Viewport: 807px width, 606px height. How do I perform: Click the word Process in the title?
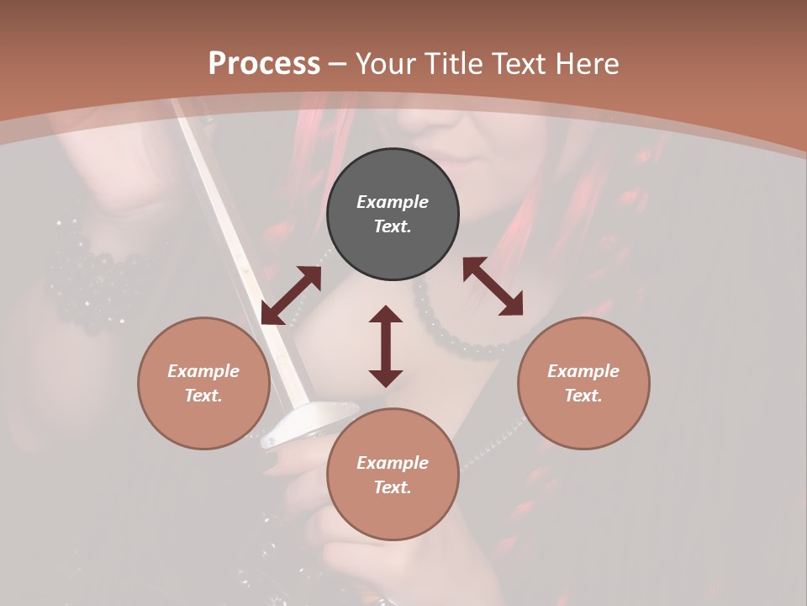[x=264, y=64]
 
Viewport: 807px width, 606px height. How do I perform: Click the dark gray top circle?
[x=393, y=215]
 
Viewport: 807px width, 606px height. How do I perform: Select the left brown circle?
[x=203, y=383]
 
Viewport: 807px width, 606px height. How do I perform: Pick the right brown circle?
[x=583, y=383]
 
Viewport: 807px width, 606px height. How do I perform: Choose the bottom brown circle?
[x=393, y=475]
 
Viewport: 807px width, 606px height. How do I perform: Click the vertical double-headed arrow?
[x=386, y=346]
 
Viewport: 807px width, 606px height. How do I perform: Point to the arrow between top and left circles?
[x=291, y=295]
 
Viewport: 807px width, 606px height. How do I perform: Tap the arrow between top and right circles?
[x=493, y=286]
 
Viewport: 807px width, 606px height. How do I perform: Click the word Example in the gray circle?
[x=393, y=202]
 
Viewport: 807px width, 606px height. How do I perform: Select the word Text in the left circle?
[x=203, y=396]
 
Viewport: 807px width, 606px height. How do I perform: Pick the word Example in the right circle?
[x=583, y=371]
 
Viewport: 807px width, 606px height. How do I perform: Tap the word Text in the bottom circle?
[x=393, y=487]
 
